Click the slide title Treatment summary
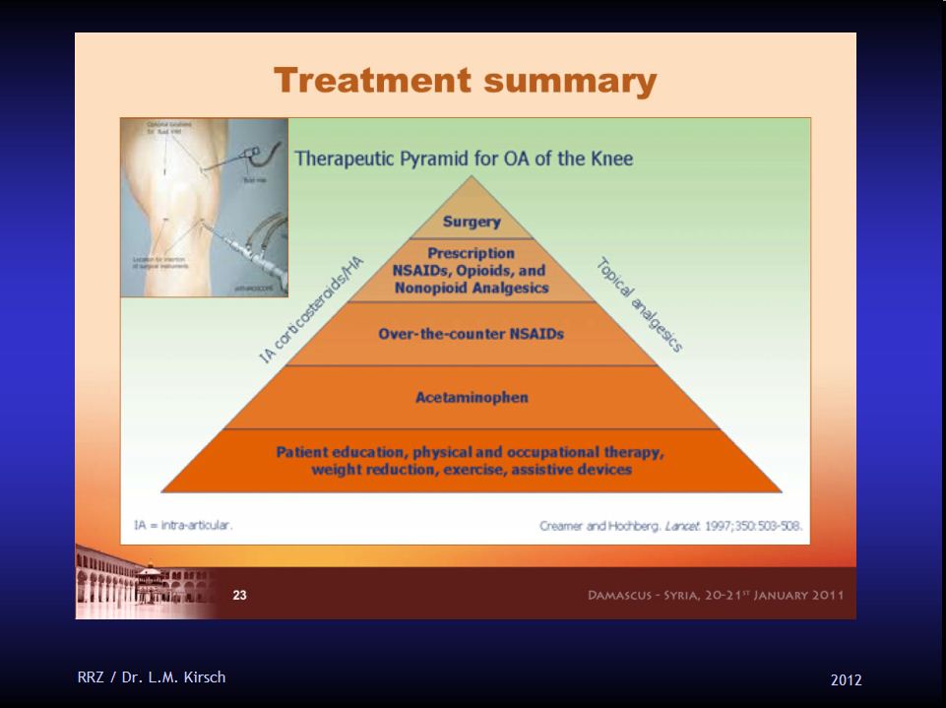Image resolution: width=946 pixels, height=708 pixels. click(465, 80)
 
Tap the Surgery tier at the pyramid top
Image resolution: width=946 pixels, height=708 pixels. click(472, 222)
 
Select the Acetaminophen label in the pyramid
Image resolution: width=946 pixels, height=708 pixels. click(472, 397)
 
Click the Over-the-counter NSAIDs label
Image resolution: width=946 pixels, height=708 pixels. click(472, 334)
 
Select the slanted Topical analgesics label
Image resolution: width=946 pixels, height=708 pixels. click(641, 304)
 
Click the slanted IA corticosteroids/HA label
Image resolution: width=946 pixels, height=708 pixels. click(312, 310)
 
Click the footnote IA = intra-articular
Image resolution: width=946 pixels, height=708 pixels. click(183, 526)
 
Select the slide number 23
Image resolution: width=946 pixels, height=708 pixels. click(239, 595)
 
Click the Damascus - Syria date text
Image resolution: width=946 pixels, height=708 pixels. click(716, 595)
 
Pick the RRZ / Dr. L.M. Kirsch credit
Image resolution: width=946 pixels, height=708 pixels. click(152, 676)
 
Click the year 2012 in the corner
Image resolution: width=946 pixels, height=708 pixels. click(846, 679)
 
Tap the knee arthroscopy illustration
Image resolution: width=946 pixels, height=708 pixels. click(204, 207)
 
